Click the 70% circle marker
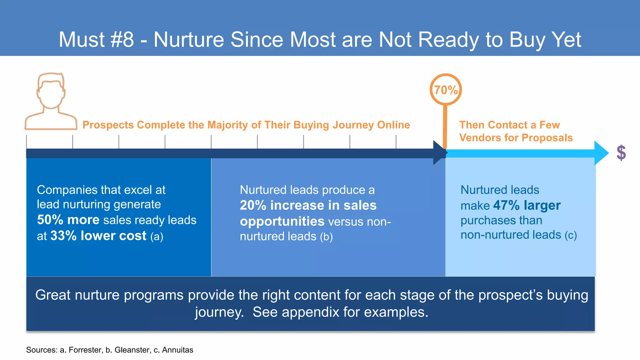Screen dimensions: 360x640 (446, 90)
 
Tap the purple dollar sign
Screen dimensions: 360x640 (621, 153)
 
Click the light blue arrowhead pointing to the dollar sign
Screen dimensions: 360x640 (601, 153)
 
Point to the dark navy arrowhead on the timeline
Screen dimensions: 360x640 (439, 153)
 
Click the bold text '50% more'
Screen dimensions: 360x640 (68, 220)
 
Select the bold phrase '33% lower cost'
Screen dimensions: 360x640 (98, 236)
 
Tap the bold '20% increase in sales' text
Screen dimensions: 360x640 (308, 205)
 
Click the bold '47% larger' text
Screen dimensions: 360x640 (527, 205)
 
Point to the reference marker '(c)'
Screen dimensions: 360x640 (571, 235)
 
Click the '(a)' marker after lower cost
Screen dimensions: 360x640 (157, 236)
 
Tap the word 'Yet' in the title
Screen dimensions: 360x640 (566, 40)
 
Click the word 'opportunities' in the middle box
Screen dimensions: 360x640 (282, 221)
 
